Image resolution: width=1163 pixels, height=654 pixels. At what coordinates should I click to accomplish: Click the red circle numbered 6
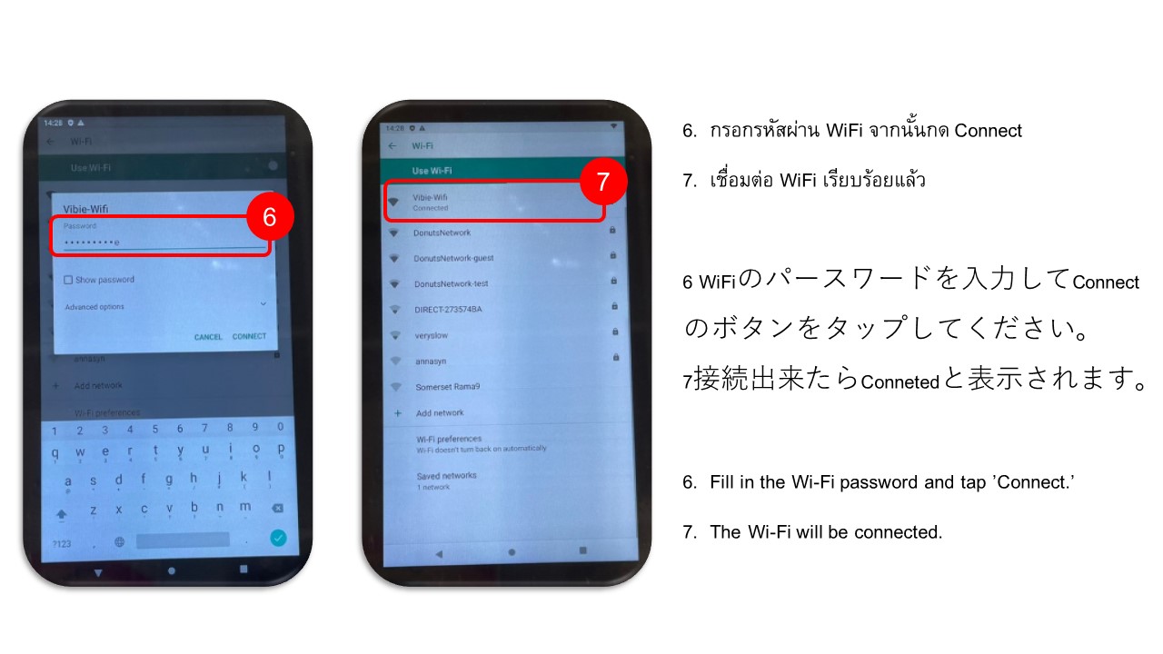[270, 217]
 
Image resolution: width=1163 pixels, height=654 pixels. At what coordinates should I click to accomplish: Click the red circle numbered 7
[603, 181]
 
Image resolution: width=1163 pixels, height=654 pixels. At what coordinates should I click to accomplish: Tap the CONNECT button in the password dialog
[249, 337]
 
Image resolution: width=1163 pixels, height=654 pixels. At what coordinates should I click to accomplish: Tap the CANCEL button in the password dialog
[208, 337]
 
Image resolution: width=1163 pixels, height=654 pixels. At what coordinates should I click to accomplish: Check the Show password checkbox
[68, 281]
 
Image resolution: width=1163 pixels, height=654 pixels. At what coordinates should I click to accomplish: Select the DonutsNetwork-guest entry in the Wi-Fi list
[453, 258]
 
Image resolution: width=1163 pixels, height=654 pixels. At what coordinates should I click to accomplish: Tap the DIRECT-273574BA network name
[448, 310]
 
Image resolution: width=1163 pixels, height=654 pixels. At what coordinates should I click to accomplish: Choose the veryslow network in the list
[432, 335]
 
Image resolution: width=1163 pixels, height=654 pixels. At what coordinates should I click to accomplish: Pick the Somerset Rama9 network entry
[448, 387]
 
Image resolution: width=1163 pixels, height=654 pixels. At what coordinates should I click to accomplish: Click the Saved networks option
[446, 476]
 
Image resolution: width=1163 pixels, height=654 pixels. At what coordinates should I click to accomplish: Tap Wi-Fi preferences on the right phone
[449, 439]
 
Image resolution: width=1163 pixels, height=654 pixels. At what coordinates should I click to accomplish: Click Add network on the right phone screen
[440, 413]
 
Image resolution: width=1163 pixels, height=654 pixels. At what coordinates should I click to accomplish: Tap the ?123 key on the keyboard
[62, 543]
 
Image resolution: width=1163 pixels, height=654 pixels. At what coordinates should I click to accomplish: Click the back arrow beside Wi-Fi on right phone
[393, 145]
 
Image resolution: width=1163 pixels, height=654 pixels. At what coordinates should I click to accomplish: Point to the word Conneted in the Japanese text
[900, 382]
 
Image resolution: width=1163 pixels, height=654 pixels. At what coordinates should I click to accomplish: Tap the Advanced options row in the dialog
[94, 307]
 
